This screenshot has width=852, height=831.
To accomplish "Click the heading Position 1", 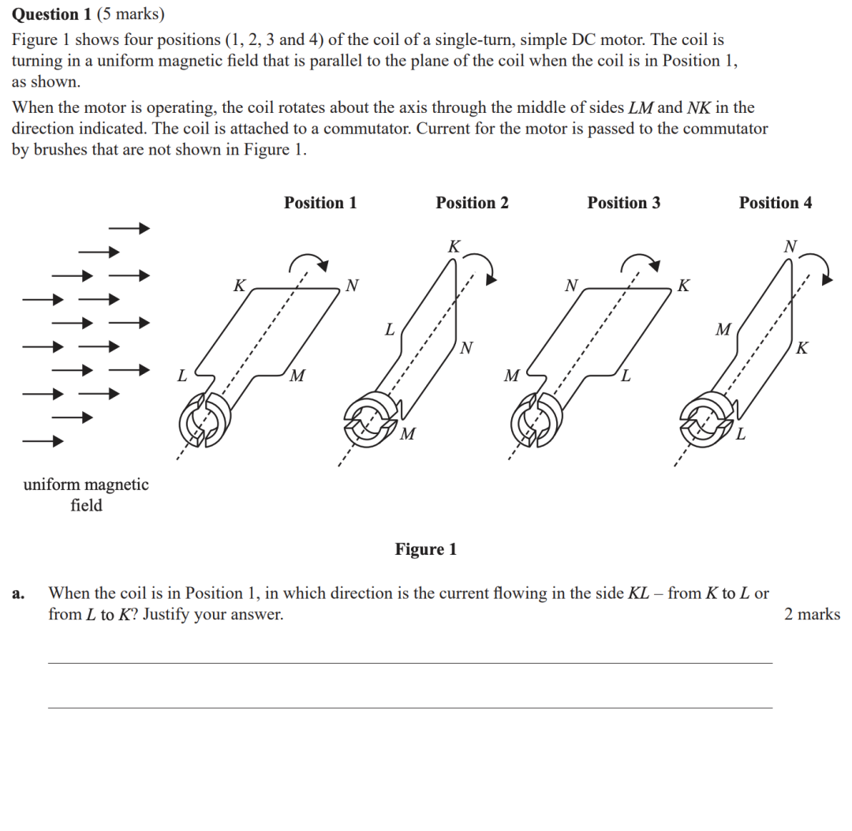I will pos(320,203).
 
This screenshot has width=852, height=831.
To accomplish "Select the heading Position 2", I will pos(472,203).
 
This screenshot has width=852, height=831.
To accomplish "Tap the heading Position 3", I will pos(623,203).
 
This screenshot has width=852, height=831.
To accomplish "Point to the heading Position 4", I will pos(775,203).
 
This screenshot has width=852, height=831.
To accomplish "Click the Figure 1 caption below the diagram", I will pos(426,549).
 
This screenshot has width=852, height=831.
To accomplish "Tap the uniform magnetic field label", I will pos(86,495).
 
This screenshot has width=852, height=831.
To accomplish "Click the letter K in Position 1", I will pos(239,285).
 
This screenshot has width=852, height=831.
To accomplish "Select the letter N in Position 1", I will pos(352,285).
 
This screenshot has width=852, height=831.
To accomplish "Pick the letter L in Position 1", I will pos(181,376).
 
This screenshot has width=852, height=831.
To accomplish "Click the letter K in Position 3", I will pos(684,285).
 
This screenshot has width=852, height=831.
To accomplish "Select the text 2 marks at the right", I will pos(812,614).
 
